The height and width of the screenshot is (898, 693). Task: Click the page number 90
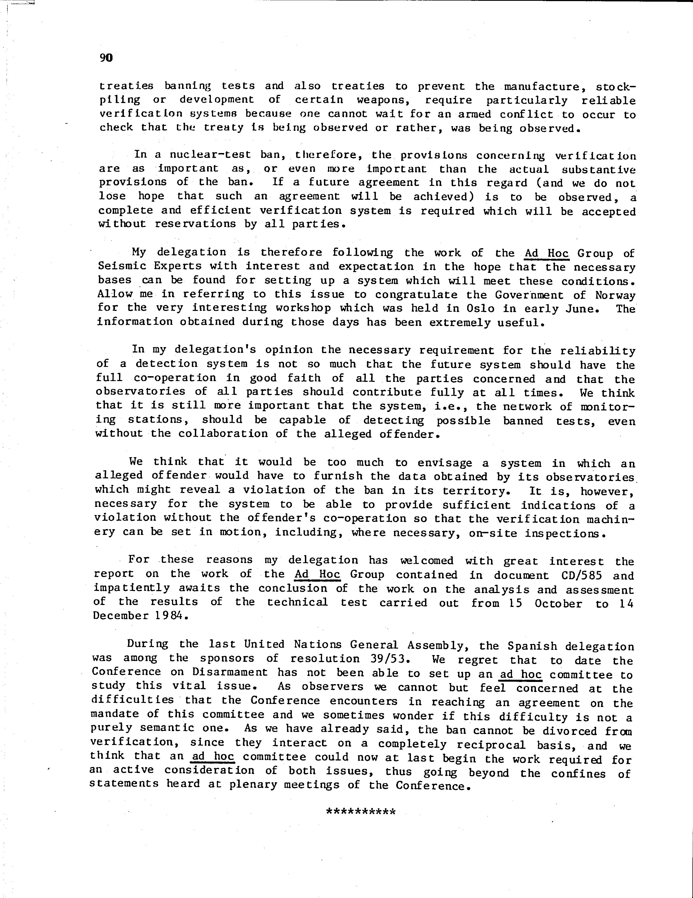coord(106,58)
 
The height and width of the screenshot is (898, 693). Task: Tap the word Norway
coord(615,295)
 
